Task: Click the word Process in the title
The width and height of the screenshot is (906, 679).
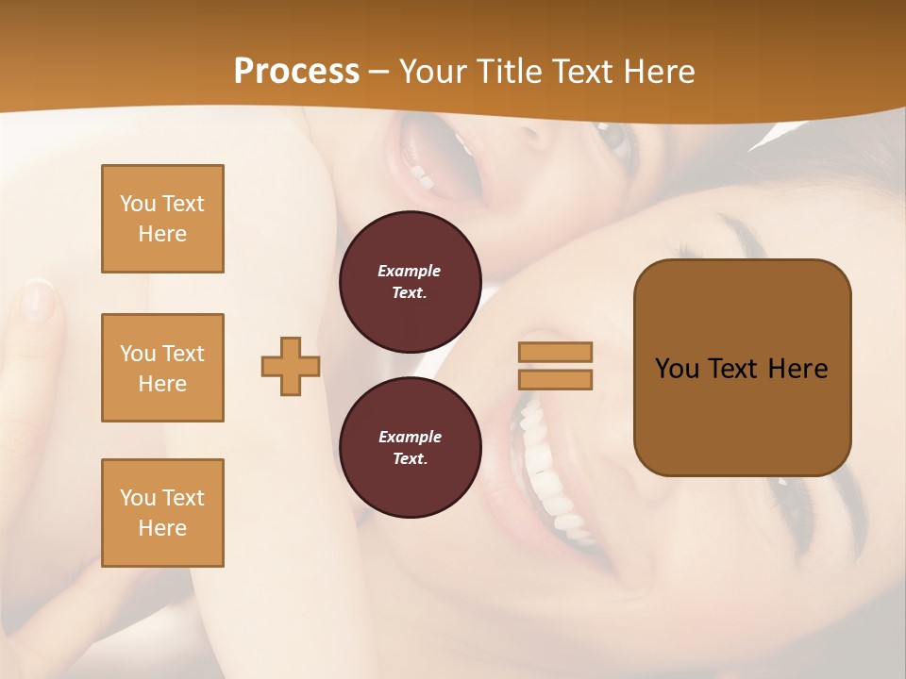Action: [x=296, y=71]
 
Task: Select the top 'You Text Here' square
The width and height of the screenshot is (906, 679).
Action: [x=162, y=219]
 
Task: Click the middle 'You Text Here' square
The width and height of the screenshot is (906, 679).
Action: [x=162, y=368]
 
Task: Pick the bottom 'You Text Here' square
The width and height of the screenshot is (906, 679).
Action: [x=162, y=513]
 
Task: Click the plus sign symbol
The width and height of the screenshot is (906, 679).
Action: [x=291, y=366]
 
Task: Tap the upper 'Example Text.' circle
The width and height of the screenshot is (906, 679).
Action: [x=410, y=281]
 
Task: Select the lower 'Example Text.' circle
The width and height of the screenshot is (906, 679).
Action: [x=410, y=447]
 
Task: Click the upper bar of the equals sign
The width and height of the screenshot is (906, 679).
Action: [x=555, y=352]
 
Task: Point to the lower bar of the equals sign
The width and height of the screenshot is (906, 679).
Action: [x=555, y=379]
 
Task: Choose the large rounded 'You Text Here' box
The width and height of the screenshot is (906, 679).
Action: [x=742, y=368]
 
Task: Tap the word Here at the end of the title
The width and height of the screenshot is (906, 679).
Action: [x=661, y=71]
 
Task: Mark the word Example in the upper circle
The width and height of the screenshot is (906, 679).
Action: [x=410, y=271]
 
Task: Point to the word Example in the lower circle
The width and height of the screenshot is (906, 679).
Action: [x=410, y=437]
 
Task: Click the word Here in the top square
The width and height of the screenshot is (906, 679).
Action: [x=162, y=234]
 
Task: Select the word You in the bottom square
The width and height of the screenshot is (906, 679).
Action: [x=138, y=498]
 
